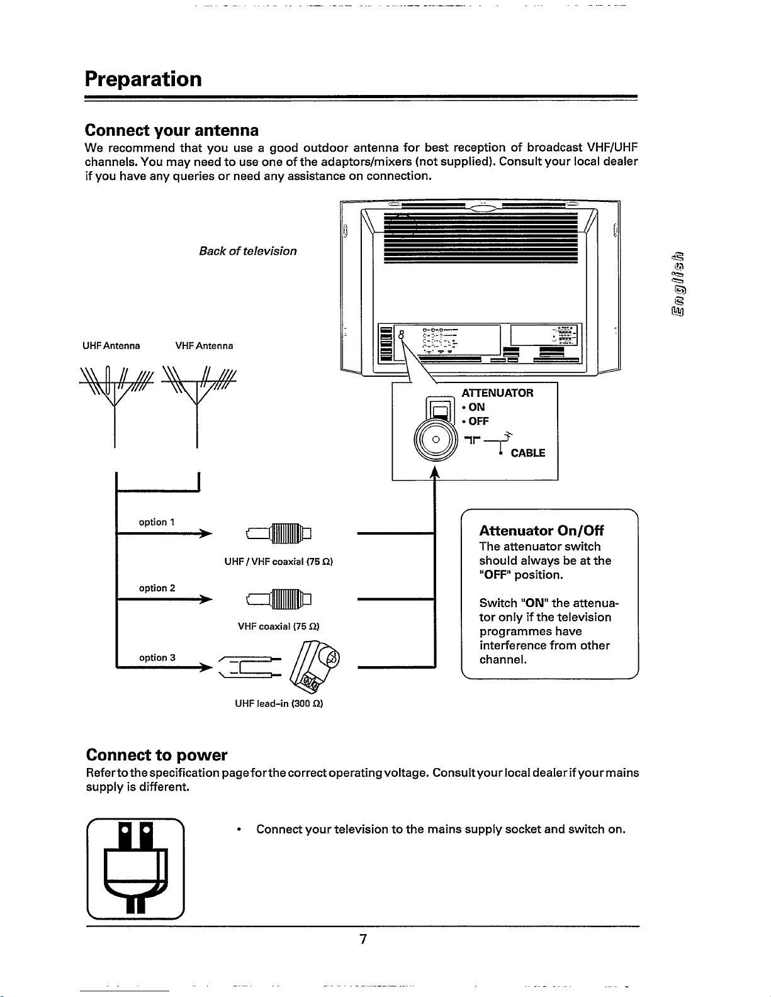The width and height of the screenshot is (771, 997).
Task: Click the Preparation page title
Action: click(144, 79)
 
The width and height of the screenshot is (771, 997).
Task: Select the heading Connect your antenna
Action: click(172, 130)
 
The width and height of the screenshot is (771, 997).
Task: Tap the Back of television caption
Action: click(247, 251)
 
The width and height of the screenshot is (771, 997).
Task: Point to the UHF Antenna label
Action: click(111, 346)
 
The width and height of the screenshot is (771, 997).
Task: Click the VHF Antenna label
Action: click(204, 346)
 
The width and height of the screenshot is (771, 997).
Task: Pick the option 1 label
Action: click(157, 522)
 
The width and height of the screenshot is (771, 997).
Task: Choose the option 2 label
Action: click(157, 588)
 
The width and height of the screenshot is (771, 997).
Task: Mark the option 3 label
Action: click(157, 657)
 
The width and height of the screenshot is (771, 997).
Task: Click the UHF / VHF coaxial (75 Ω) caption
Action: click(278, 562)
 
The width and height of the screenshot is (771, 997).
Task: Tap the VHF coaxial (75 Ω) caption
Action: click(278, 627)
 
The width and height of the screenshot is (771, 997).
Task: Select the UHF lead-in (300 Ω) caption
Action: click(278, 704)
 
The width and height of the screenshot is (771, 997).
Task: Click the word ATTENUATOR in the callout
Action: click(497, 393)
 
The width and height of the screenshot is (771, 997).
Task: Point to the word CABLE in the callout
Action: click(528, 454)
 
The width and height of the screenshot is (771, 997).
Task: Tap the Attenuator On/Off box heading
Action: click(541, 531)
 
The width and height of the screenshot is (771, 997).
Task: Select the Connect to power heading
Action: click(157, 755)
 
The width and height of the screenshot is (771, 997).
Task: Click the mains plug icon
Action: click(135, 868)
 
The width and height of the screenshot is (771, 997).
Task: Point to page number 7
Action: click(363, 940)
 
